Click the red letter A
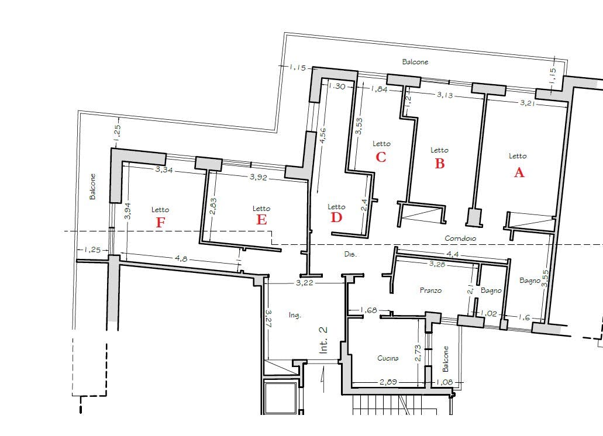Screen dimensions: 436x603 pyautogui.click(x=519, y=172)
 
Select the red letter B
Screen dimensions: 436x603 pyautogui.click(x=439, y=164)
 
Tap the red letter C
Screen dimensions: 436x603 pyautogui.click(x=381, y=157)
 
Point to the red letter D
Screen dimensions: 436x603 pyautogui.click(x=336, y=217)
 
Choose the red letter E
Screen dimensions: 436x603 pyautogui.click(x=261, y=219)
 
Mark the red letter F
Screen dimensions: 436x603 pyautogui.click(x=160, y=222)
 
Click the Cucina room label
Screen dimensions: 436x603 pyautogui.click(x=388, y=358)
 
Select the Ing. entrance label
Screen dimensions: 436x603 pyautogui.click(x=295, y=316)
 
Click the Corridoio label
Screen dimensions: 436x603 pyautogui.click(x=460, y=238)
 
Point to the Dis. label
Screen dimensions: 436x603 pyautogui.click(x=350, y=254)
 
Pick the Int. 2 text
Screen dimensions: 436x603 pyautogui.click(x=323, y=339)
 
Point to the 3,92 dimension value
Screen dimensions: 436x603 pyautogui.click(x=258, y=178)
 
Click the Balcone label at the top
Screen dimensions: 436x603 pyautogui.click(x=415, y=61)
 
